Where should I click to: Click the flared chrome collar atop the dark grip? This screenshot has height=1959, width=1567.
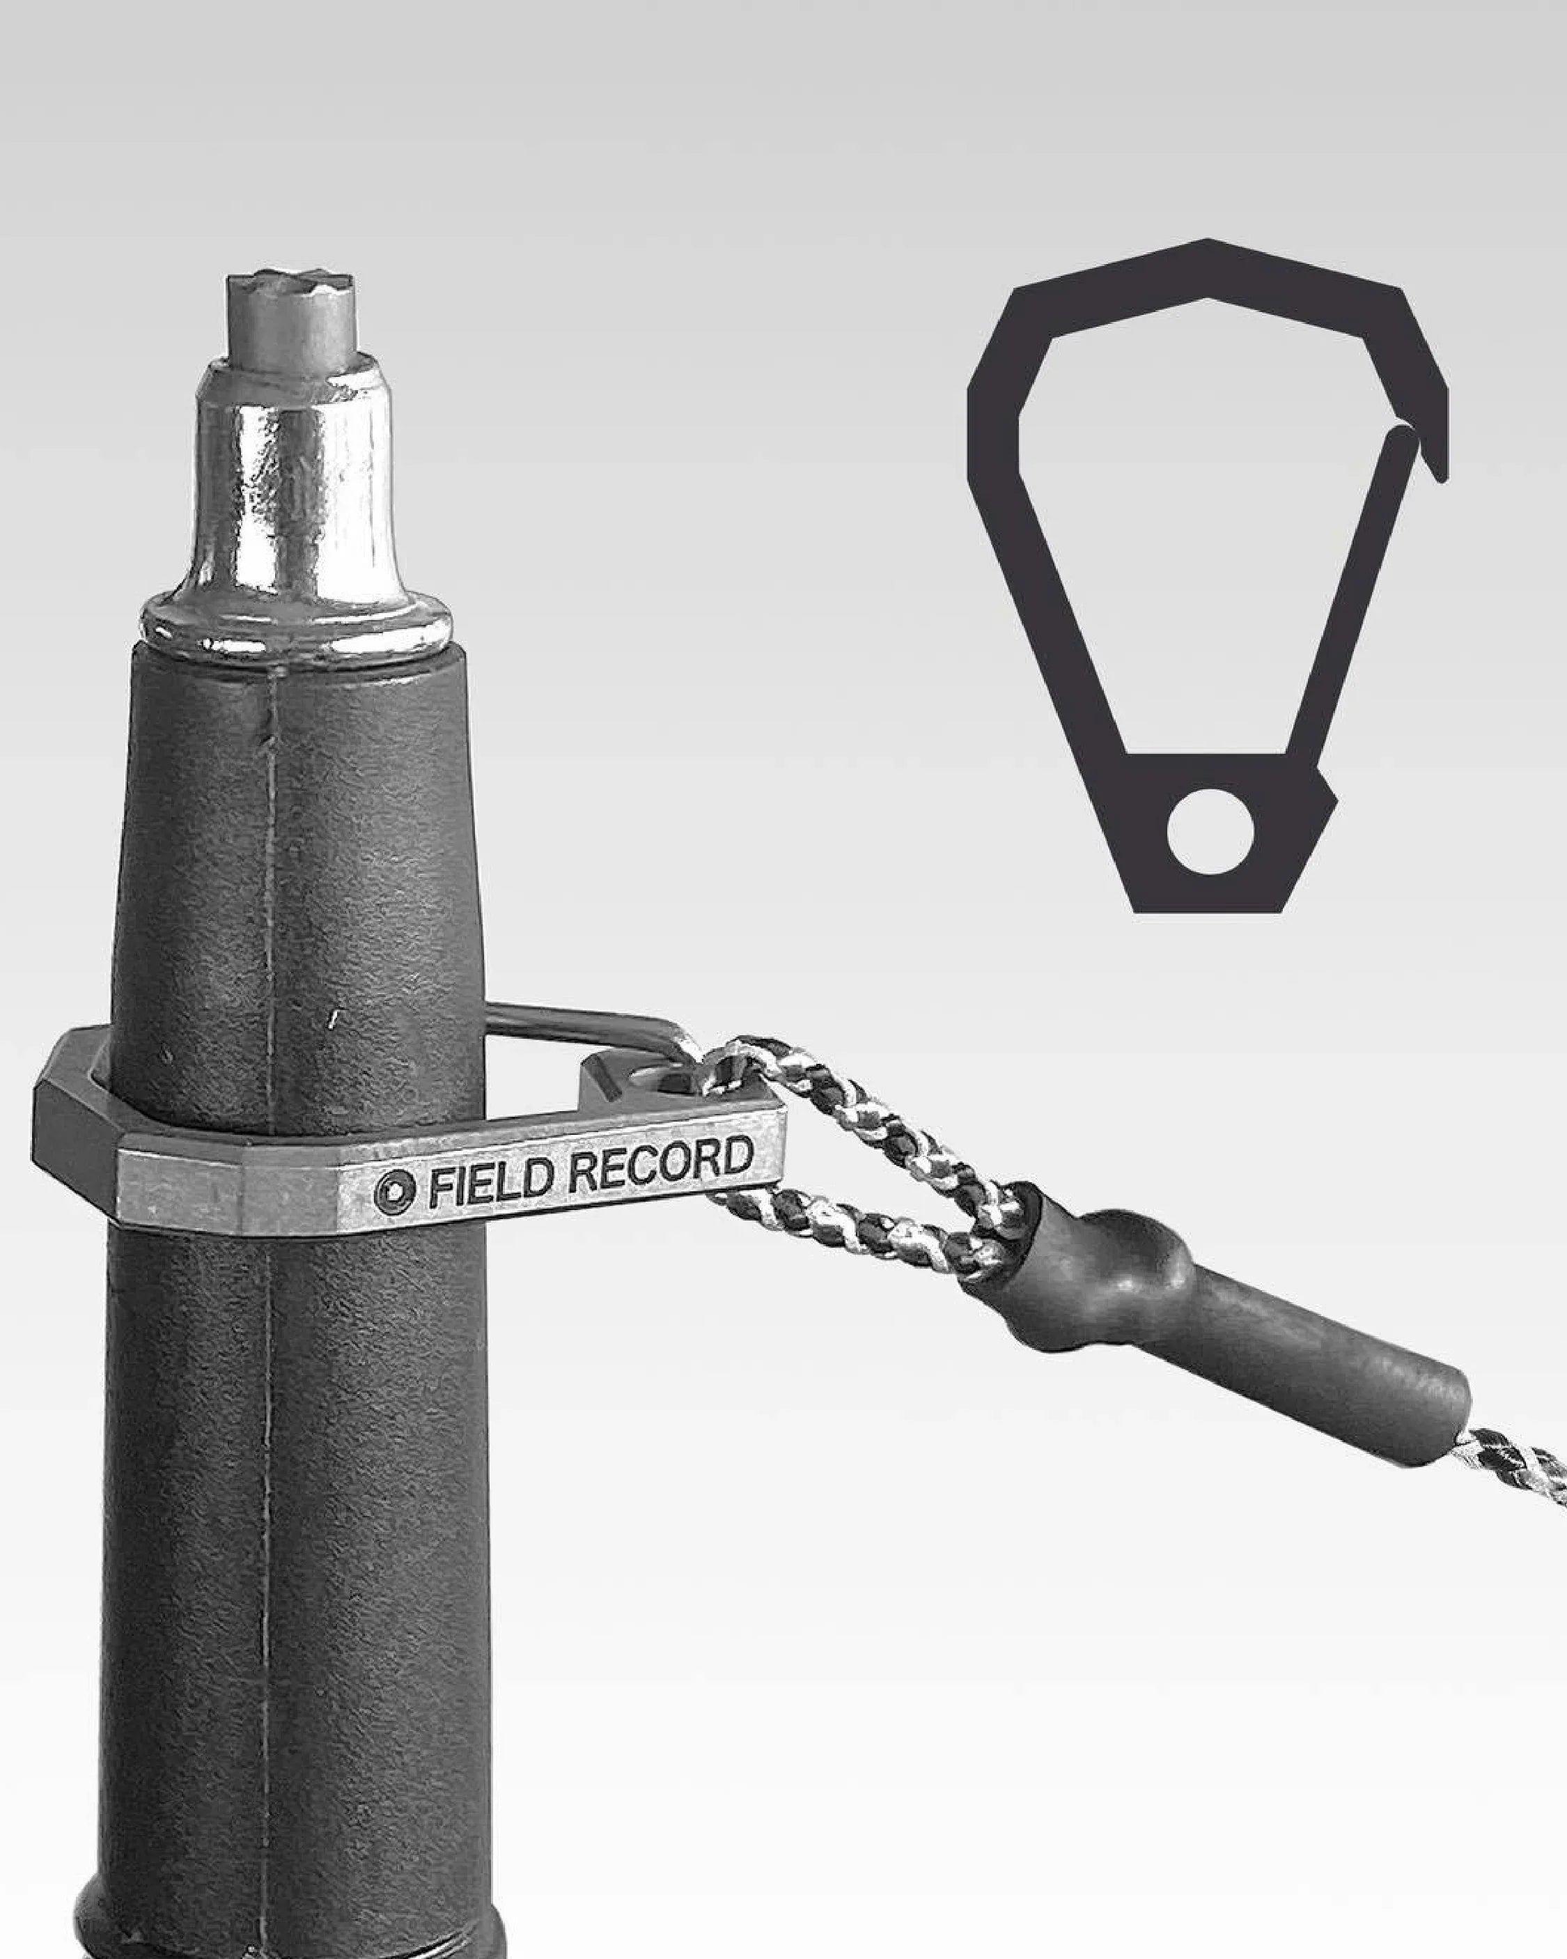pos(295,625)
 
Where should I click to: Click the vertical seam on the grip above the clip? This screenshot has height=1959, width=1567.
pos(272,863)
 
